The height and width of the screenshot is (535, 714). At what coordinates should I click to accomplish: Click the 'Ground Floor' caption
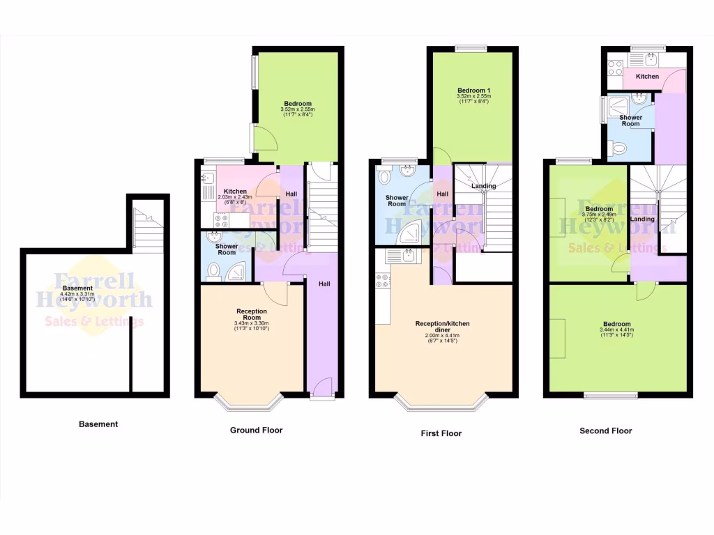(x=256, y=431)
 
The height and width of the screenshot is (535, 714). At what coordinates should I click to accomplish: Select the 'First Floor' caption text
(x=441, y=433)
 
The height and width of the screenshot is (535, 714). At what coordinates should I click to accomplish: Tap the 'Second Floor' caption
(x=605, y=431)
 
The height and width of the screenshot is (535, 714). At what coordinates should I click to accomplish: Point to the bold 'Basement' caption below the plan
(x=98, y=424)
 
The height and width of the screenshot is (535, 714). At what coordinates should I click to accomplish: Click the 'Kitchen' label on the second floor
(x=647, y=77)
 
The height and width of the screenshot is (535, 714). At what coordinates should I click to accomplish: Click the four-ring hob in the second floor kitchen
(x=614, y=68)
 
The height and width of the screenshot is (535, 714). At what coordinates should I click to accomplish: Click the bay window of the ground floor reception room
(x=248, y=402)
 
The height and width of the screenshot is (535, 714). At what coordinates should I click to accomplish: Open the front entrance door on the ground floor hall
(x=321, y=389)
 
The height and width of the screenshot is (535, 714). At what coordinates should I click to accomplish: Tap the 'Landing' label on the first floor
(x=483, y=186)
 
